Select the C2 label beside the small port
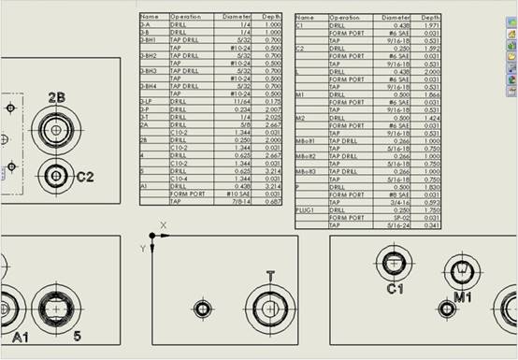pos(85,175)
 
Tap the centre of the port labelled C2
pos(56,174)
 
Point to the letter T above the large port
pos(270,275)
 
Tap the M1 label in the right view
pos(462,295)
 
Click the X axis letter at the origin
pos(163,225)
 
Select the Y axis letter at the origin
pos(141,248)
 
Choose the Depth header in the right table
pos(430,17)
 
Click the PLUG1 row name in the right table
pos(306,210)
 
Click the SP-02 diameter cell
pos(399,218)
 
